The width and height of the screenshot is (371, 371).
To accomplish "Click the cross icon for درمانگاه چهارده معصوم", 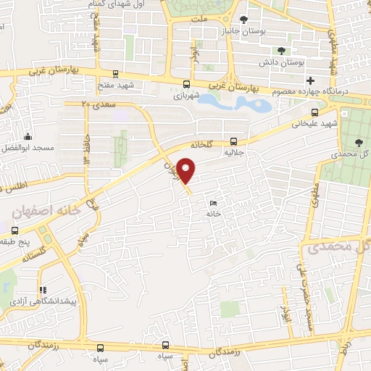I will pyautogui.click(x=310, y=80).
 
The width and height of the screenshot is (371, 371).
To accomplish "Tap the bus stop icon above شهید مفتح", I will pyautogui.click(x=115, y=73).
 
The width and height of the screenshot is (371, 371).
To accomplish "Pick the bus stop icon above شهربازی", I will pyautogui.click(x=187, y=83).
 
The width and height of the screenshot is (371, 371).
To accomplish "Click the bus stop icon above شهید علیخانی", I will pyautogui.click(x=314, y=112).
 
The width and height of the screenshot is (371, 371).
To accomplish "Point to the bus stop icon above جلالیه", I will pyautogui.click(x=233, y=141).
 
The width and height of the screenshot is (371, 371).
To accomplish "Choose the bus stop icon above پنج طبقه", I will pyautogui.click(x=14, y=230).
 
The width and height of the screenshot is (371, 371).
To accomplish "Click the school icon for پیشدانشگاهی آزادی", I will pyautogui.click(x=42, y=289).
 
